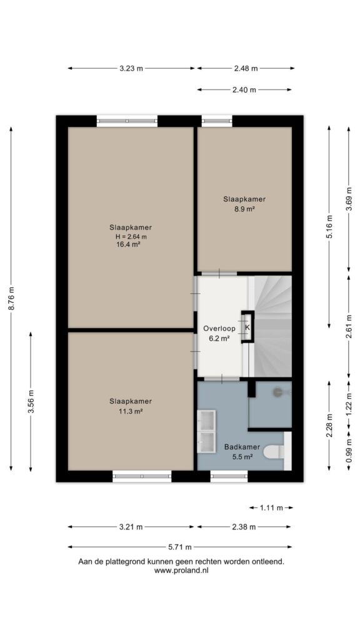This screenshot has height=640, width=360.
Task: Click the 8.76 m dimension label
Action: (x=12, y=299)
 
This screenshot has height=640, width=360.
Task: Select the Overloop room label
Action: (x=219, y=328)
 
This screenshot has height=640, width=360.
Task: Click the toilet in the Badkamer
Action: (x=274, y=452)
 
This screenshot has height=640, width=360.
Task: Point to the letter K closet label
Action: (x=247, y=327)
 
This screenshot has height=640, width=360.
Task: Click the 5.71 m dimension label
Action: (x=181, y=547)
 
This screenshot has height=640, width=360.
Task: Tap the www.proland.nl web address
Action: (x=181, y=571)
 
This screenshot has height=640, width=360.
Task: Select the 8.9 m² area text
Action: (x=244, y=209)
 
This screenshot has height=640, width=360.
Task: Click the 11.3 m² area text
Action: (x=131, y=411)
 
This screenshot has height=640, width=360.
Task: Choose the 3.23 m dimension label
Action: (x=131, y=69)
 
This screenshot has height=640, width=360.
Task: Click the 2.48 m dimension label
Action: (x=246, y=69)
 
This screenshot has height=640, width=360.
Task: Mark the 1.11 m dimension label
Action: (x=271, y=508)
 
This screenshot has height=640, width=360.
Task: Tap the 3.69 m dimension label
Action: (x=349, y=199)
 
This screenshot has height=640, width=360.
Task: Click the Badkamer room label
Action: (x=242, y=447)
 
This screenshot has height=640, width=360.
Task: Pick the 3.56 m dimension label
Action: (x=31, y=402)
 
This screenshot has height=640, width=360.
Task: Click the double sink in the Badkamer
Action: (x=206, y=431)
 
